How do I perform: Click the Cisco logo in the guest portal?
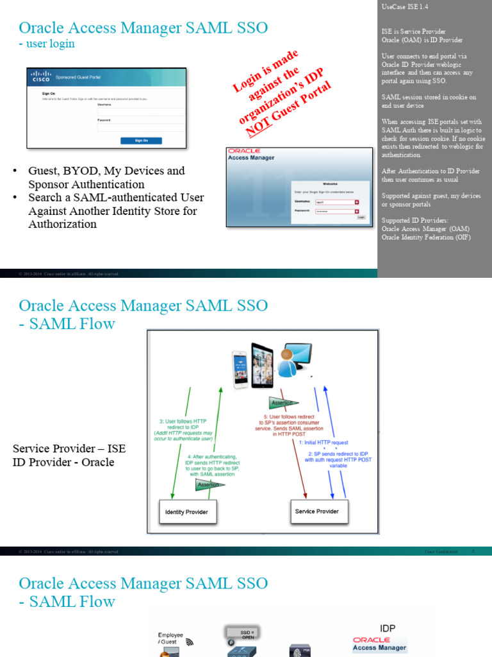(x=41, y=77)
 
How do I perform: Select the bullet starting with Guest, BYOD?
(x=106, y=178)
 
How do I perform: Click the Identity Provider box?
(x=186, y=512)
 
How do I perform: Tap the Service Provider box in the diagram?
(x=316, y=511)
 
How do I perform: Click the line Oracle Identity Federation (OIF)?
(x=426, y=237)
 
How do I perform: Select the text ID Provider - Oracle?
(x=63, y=462)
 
